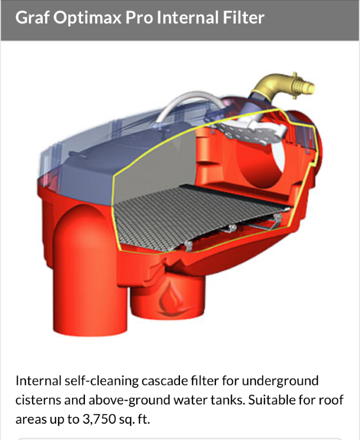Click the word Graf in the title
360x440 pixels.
pos(32,17)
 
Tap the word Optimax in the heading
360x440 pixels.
pos(87,18)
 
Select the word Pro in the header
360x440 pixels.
pos(139,17)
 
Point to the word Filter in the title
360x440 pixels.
pos(244,17)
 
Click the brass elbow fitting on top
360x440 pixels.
pos(283,87)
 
